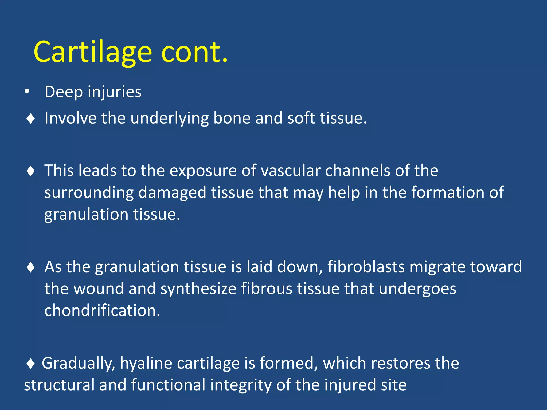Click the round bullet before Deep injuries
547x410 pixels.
[27, 92]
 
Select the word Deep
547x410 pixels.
[64, 92]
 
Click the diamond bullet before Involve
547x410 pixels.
[31, 119]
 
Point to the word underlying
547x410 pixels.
[169, 118]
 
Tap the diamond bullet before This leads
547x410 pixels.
[31, 171]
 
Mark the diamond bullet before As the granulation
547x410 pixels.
[31, 267]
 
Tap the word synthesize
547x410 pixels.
[198, 289]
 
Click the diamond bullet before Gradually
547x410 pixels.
[31, 364]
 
